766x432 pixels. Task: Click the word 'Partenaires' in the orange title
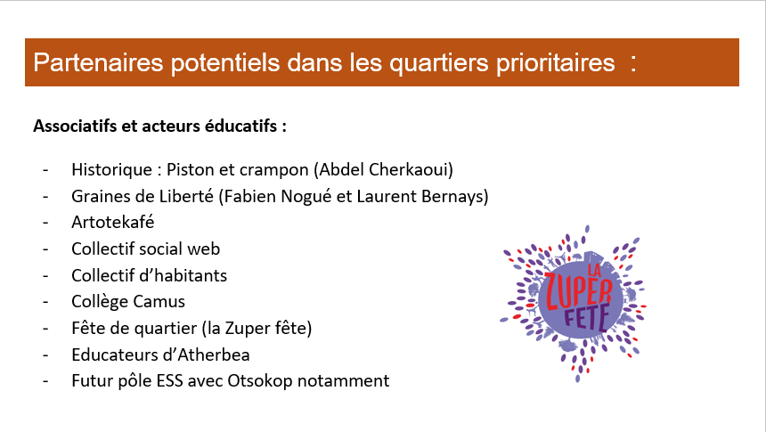click(x=98, y=62)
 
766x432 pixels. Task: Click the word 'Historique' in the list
click(x=112, y=170)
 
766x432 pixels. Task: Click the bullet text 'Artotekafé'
click(x=113, y=223)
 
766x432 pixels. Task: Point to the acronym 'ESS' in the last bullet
click(x=169, y=381)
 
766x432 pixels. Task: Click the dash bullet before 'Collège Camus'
click(x=45, y=303)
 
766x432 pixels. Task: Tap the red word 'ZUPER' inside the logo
click(x=578, y=292)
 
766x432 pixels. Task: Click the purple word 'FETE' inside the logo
click(x=587, y=317)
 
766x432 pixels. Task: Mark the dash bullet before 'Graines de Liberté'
click(x=45, y=197)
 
